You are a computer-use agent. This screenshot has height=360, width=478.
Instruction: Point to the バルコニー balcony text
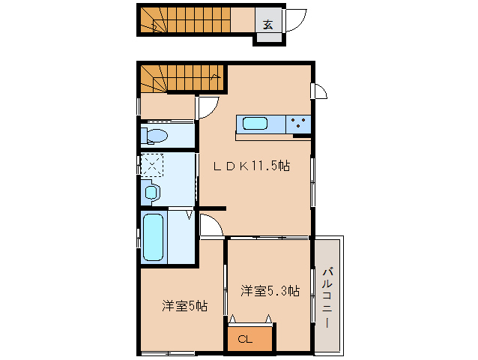pyautogui.click(x=327, y=296)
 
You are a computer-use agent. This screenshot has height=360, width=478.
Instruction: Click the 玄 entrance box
pyautogui.click(x=267, y=22)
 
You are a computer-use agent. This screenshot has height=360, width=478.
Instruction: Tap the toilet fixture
pyautogui.click(x=156, y=136)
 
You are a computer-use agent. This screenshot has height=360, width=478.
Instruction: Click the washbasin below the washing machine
pyautogui.click(x=151, y=193)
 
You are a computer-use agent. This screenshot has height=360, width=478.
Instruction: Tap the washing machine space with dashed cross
pyautogui.click(x=151, y=164)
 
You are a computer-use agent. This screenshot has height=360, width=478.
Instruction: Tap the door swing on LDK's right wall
pyautogui.click(x=320, y=92)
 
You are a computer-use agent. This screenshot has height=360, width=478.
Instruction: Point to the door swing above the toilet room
pyautogui.click(x=207, y=109)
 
